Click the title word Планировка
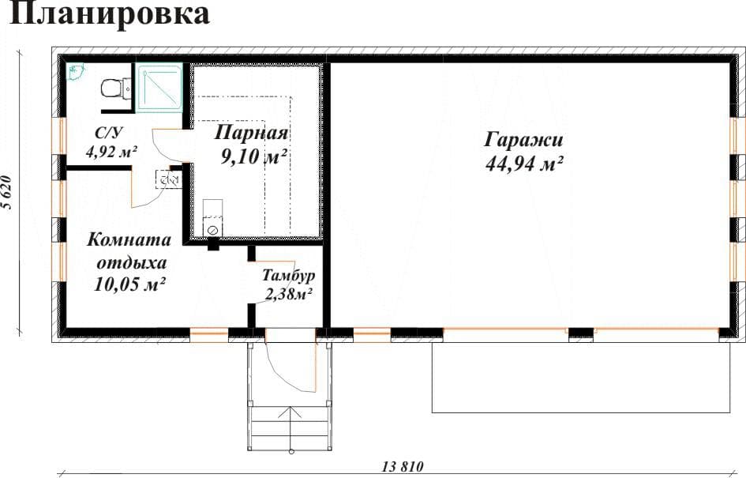tap(110, 14)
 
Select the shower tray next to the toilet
tap(159, 88)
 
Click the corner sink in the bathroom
tap(75, 71)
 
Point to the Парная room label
tap(251, 133)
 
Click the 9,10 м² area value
tap(253, 156)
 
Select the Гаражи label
tap(523, 140)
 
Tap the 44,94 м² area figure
tap(524, 164)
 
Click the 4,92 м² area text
tap(111, 152)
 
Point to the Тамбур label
tap(289, 275)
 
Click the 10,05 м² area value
tap(129, 284)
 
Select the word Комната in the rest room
tap(129, 239)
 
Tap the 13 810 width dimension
tap(403, 466)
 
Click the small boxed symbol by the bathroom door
tap(168, 179)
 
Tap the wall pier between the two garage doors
tap(581, 333)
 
